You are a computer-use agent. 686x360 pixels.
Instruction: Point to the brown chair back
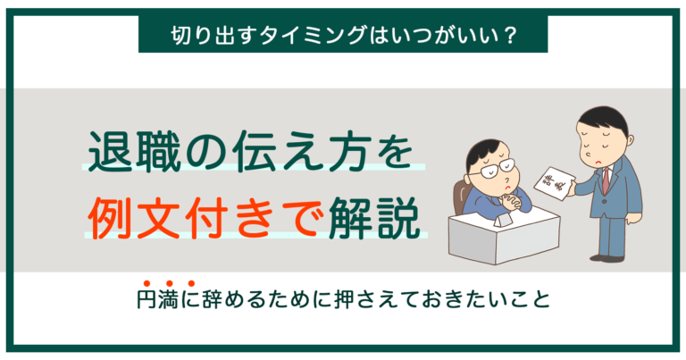(461, 191)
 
